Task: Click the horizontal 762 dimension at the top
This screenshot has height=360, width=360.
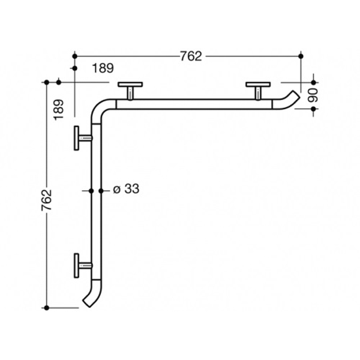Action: pos(191,56)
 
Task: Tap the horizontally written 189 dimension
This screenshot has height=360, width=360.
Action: pos(103,68)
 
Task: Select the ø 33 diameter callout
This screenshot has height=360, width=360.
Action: pos(126,190)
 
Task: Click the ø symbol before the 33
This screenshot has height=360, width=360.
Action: pos(116,190)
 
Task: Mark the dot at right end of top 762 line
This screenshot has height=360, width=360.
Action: pos(301,56)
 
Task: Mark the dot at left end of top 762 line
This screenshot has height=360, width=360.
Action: pos(74,56)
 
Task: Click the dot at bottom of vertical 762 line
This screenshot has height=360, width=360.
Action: pos(48,308)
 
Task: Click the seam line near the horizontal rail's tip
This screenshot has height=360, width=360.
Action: pos(273,104)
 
